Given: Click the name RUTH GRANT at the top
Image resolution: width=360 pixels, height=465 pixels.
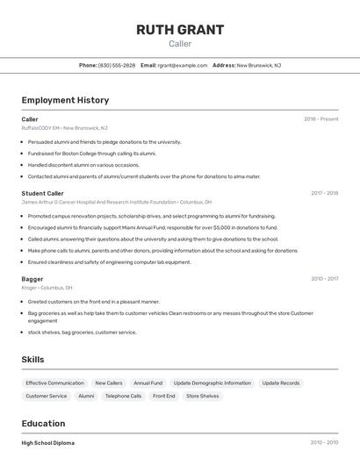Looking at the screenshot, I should click(179, 30).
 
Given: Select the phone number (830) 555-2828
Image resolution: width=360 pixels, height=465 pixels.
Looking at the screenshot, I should click(117, 65).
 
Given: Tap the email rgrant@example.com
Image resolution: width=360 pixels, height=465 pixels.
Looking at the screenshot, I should click(183, 65).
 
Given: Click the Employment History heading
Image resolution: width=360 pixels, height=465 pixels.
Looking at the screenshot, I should click(65, 100).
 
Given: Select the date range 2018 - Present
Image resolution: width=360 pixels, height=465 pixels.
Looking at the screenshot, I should click(320, 118).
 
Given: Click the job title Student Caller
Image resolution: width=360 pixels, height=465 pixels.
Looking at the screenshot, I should click(42, 193).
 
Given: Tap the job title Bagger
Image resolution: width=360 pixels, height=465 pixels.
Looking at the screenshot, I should click(32, 279).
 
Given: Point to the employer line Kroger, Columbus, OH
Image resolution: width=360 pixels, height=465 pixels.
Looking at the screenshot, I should click(47, 288).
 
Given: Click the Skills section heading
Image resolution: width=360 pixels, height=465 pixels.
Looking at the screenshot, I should click(33, 360).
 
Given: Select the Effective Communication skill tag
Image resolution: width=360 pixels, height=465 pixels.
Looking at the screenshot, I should click(54, 383).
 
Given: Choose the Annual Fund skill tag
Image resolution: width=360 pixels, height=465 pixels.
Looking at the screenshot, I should click(148, 383).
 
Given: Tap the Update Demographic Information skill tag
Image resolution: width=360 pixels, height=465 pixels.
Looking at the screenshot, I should click(212, 383).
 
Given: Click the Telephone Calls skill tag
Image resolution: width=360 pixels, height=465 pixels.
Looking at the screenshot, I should click(123, 397).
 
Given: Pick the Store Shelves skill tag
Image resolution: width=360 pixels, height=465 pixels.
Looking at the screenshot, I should click(202, 397).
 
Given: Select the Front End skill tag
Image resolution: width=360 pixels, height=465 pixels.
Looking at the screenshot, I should click(163, 397).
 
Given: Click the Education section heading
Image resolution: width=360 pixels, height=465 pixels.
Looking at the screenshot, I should click(43, 423).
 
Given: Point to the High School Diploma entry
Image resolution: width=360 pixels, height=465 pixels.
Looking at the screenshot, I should click(47, 443).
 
